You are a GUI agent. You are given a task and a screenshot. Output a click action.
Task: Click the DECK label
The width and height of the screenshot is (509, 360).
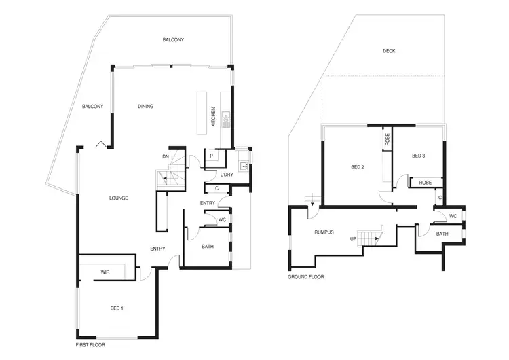click(x=389, y=51)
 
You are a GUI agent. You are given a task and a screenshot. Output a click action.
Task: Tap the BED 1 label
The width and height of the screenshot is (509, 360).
click(x=117, y=308)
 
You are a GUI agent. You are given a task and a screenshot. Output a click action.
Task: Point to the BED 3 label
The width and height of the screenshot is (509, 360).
click(x=418, y=156)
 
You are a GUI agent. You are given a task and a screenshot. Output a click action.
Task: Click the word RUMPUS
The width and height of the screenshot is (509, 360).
click(x=324, y=232)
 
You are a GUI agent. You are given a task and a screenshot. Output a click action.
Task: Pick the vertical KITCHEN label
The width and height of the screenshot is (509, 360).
click(x=214, y=118)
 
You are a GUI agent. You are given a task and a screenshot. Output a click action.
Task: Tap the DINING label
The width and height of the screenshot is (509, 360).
click(x=145, y=107)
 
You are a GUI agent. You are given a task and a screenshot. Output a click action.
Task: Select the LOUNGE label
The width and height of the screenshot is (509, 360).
click(x=119, y=198)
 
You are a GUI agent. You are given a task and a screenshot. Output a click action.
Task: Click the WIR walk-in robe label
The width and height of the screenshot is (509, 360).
click(x=105, y=272)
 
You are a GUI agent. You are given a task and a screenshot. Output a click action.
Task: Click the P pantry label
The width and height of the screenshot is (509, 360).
click(x=211, y=156)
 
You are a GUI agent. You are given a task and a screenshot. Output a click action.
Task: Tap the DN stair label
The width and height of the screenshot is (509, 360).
click(x=165, y=156)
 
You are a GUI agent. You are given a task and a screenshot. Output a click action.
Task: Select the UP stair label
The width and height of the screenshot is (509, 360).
click(x=353, y=239)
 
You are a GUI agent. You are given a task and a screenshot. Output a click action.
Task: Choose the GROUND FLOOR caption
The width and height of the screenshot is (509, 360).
click(x=306, y=277)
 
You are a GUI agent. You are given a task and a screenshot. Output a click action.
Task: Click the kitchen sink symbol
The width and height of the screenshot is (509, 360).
click(x=227, y=123)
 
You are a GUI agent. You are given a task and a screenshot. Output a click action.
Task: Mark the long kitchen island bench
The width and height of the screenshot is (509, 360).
click(x=202, y=114)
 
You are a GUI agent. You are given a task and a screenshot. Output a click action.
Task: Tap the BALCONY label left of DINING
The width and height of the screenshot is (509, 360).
click(x=92, y=107)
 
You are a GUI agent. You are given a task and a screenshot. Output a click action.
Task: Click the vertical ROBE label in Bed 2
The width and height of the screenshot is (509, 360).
click(x=388, y=139)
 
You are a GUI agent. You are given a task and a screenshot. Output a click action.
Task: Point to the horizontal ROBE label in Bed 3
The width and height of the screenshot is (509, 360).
click(x=425, y=183)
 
